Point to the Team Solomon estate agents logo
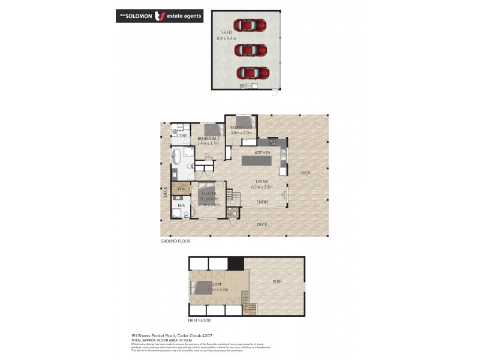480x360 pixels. tap(159, 16)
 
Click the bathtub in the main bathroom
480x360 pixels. tap(177, 157)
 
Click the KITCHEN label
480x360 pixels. tap(263, 153)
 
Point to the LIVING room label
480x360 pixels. tap(262, 181)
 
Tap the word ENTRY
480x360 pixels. tap(263, 202)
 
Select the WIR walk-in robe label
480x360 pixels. tap(179, 190)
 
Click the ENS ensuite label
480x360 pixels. tap(181, 205)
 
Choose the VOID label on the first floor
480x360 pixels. tap(277, 281)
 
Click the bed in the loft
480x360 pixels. tap(204, 288)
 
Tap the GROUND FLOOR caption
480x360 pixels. tap(175, 241)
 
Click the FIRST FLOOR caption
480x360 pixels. tap(200, 321)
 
